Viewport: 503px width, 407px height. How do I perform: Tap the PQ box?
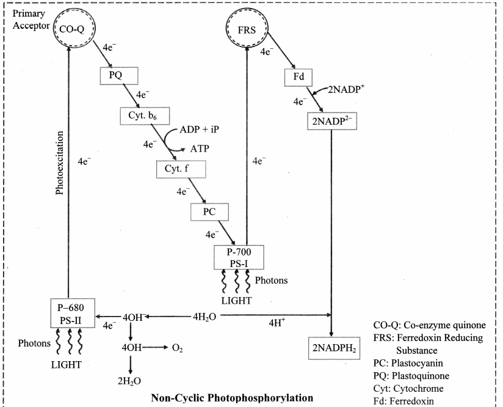[x=119, y=76]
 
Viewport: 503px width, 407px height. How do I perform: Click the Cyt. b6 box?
[x=145, y=116]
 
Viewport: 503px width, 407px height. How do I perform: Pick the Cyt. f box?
[x=181, y=169]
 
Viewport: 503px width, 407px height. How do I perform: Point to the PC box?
[x=209, y=212]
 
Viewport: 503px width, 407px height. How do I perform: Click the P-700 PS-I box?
[x=239, y=257]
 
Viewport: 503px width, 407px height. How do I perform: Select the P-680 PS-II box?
[x=73, y=313]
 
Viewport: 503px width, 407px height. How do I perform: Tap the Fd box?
[x=299, y=77]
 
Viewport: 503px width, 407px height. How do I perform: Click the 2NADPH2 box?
[x=334, y=348]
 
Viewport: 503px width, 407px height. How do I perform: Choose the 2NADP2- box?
[x=332, y=121]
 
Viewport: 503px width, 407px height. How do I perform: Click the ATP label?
[x=200, y=148]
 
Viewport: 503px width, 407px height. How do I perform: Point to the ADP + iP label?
[x=199, y=130]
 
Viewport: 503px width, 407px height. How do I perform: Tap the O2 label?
[x=178, y=348]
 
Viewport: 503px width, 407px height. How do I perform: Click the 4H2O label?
[x=204, y=317]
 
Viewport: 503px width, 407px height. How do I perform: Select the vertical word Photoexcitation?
[x=60, y=163]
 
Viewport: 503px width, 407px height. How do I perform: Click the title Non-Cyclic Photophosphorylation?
[x=232, y=398]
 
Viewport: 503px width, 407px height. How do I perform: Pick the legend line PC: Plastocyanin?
[x=408, y=364]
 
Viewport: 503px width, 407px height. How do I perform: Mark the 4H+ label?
[x=277, y=323]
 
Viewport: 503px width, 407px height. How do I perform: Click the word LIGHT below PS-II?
[x=67, y=365]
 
